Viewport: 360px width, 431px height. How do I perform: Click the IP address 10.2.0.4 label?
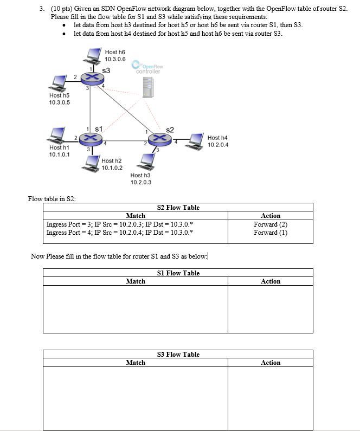point(218,145)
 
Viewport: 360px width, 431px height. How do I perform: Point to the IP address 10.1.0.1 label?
point(59,154)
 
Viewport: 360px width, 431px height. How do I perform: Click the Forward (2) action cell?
point(271,224)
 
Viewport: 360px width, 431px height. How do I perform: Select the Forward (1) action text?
point(271,233)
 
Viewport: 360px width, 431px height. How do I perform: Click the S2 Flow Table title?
point(178,207)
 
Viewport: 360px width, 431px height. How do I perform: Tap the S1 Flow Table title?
point(178,273)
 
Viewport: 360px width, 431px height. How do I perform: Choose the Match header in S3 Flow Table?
point(136,363)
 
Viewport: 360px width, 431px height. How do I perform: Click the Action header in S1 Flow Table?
point(271,281)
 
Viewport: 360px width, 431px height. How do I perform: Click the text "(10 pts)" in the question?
point(62,9)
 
